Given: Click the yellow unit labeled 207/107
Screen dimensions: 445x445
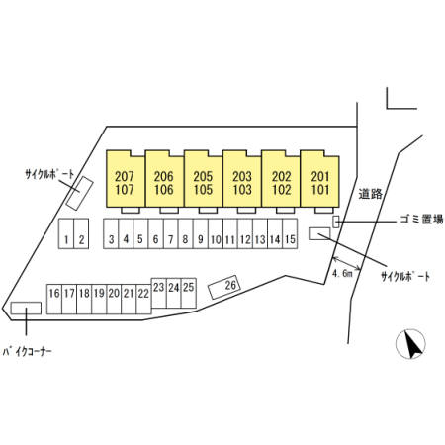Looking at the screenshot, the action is pos(126,179).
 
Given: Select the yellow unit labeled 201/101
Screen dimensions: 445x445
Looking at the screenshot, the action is pos(319,179).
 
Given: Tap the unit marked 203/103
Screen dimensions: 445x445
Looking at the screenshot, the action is pos(242,179).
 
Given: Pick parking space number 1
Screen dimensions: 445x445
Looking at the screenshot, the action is pos(66,233).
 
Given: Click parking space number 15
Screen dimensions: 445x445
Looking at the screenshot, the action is pos(290,233).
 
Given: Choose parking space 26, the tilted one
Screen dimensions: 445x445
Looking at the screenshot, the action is pos(224,287).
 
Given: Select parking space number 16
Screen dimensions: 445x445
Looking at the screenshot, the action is pos(54,299).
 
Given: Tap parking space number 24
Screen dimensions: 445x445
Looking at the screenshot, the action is pos(174,293).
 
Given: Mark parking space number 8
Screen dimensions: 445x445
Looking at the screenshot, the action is pos(186,233).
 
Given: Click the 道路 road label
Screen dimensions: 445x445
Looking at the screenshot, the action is pos(371,194).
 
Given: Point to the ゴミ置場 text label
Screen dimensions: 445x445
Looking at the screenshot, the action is pos(421,220).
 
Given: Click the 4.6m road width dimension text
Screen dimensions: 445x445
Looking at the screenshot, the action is pos(343,273).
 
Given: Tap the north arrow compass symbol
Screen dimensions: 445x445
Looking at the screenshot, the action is pos(410,344).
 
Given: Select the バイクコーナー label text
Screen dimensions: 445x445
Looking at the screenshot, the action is pos(28,352).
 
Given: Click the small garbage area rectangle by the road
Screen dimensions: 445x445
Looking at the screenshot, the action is pos(335,222).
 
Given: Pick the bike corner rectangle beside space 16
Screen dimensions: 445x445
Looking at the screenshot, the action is pos(26,309).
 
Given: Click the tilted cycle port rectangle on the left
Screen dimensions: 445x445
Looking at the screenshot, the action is pos(79,193).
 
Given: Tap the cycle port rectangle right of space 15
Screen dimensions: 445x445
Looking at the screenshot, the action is pos(319,233).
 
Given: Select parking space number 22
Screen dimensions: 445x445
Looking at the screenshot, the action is pos(143,299).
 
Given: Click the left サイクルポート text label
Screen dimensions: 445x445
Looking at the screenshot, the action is pos(49,174).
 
